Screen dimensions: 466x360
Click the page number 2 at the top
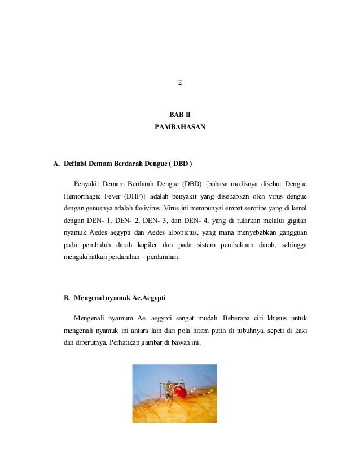180,84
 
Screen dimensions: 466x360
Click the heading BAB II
180,115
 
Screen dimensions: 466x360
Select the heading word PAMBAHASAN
180,128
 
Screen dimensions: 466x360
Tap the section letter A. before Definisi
56,165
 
